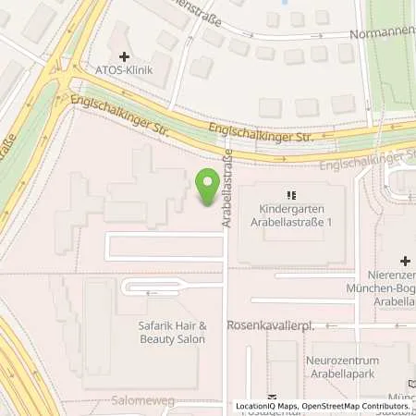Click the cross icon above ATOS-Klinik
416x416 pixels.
pyautogui.click(x=124, y=56)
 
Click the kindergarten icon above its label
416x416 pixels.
pyautogui.click(x=289, y=195)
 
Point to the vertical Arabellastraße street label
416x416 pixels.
pyautogui.click(x=226, y=195)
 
